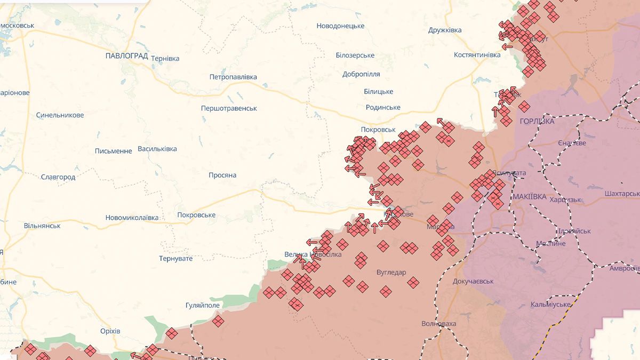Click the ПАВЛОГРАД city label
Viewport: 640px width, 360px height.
(126, 55)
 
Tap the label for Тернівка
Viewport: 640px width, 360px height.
(165, 59)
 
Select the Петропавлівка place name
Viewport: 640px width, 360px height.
(233, 77)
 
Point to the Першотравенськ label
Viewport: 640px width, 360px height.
(229, 108)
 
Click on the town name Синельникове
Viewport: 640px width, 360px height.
(60, 115)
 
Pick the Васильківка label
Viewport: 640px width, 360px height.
(157, 149)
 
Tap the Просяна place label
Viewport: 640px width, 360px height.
(222, 175)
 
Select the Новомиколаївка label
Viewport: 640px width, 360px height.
(132, 218)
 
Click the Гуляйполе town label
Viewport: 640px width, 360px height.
(202, 305)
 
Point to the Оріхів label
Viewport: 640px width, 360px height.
(110, 331)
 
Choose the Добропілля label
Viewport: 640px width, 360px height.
(361, 74)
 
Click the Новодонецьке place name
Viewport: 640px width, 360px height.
(340, 26)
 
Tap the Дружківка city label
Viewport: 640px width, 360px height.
(445, 30)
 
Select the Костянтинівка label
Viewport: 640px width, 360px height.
(477, 55)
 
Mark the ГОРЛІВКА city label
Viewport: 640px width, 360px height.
(537, 122)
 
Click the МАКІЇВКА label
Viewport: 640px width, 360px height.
(529, 197)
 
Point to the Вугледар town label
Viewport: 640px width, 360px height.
(391, 273)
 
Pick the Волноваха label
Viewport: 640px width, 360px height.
(438, 324)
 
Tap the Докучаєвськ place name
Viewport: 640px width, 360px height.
(473, 281)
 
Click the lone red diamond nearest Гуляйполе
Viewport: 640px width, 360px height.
(218, 321)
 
